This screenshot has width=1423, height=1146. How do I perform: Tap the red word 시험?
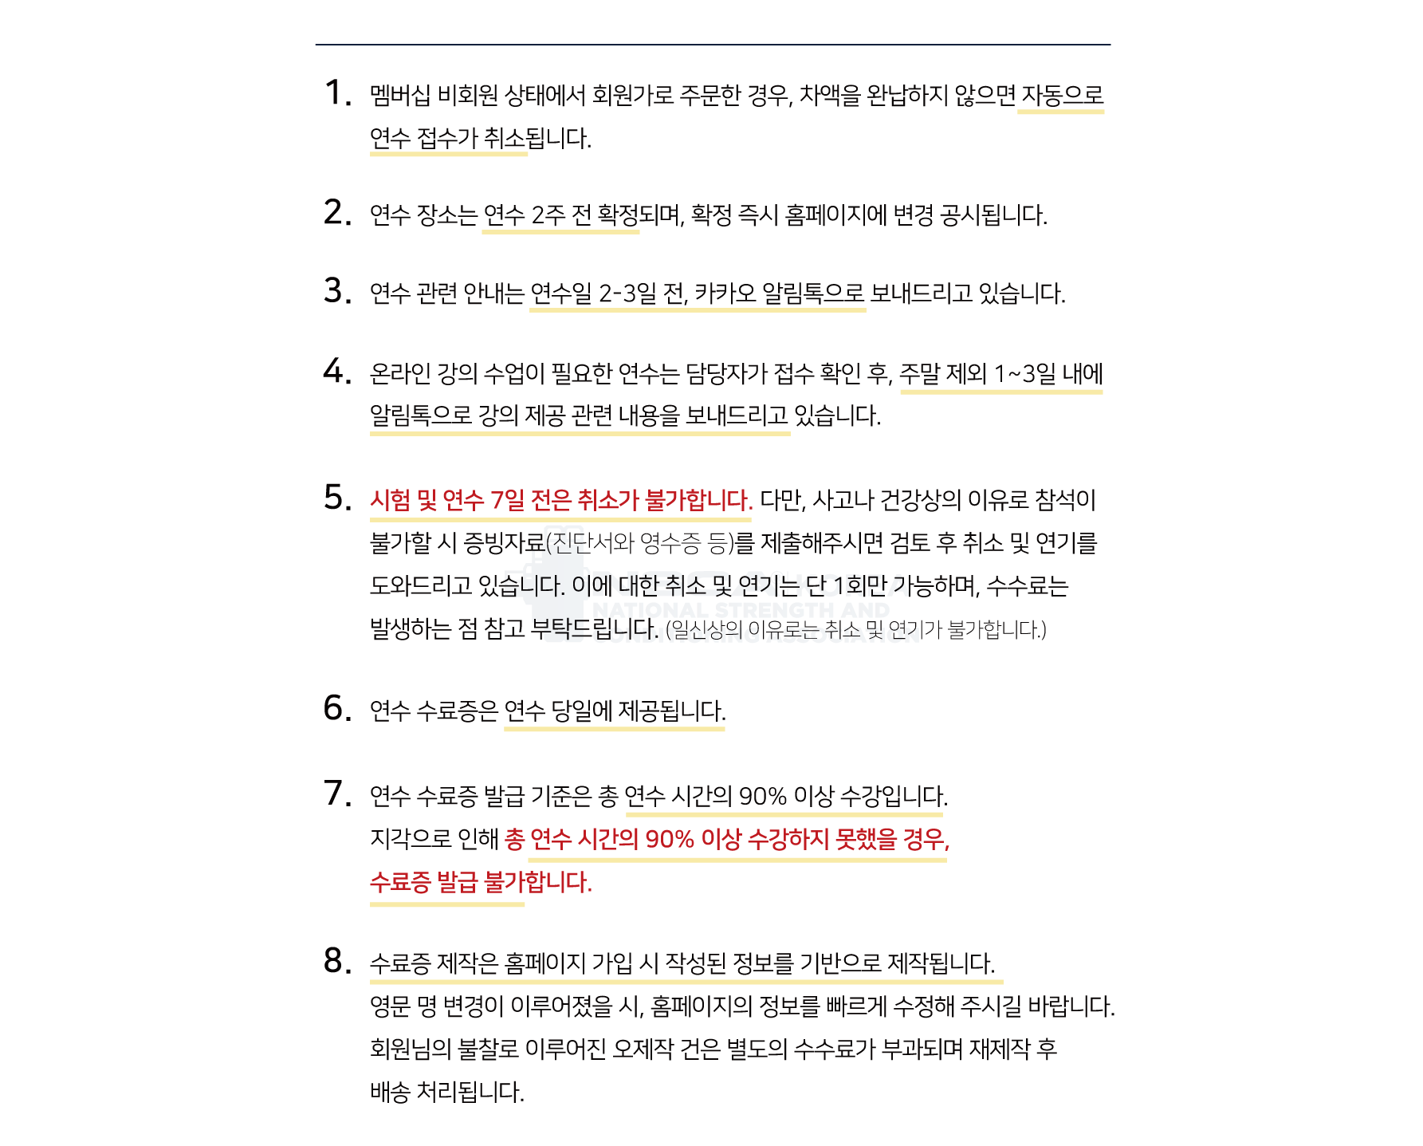coord(391,501)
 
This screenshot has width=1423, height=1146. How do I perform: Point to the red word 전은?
coord(551,501)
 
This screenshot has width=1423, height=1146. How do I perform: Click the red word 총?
coord(514,840)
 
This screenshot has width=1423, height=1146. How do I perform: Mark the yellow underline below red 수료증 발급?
coord(447,905)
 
